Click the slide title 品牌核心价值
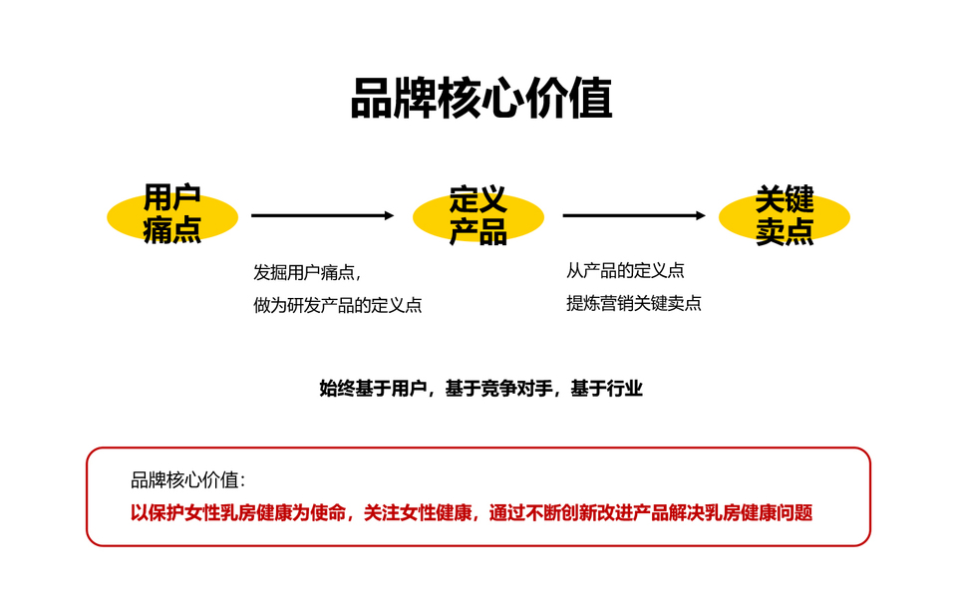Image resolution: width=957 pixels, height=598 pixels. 480,100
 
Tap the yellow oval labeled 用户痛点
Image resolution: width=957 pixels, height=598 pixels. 172,215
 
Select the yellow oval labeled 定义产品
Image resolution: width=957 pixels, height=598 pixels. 478,215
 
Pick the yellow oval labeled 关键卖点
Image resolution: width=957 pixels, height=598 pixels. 785,215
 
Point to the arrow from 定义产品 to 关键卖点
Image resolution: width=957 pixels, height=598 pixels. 634,215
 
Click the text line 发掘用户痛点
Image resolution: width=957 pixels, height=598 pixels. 306,272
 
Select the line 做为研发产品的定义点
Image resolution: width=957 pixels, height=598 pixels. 337,305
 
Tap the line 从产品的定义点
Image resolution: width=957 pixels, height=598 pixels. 625,271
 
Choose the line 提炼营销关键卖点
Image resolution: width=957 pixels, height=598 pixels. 633,303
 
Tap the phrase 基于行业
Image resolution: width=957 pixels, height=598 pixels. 606,389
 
